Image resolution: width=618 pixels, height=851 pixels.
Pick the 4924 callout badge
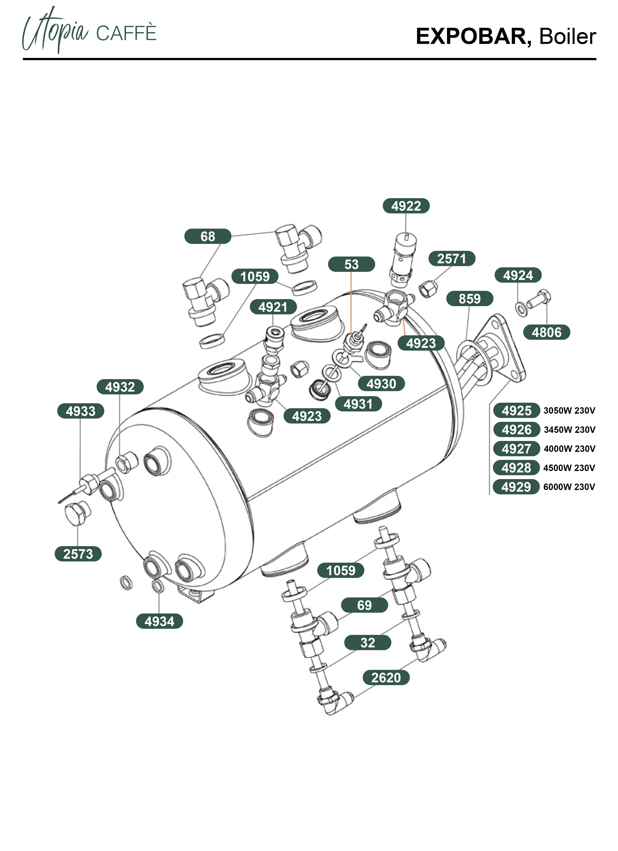pyautogui.click(x=518, y=275)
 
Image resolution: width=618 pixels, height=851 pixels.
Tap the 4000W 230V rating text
pyautogui.click(x=569, y=449)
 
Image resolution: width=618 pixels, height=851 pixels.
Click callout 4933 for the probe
pyautogui.click(x=80, y=411)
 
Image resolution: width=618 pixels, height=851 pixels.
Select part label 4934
pyautogui.click(x=159, y=621)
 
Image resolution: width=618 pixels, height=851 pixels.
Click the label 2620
pyautogui.click(x=386, y=678)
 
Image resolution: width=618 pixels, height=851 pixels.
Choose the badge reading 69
pyautogui.click(x=364, y=605)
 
